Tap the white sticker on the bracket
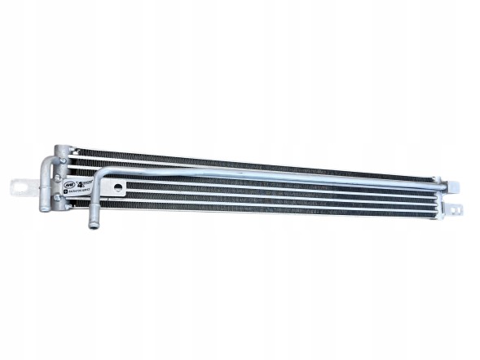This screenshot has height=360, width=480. [80, 187]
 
